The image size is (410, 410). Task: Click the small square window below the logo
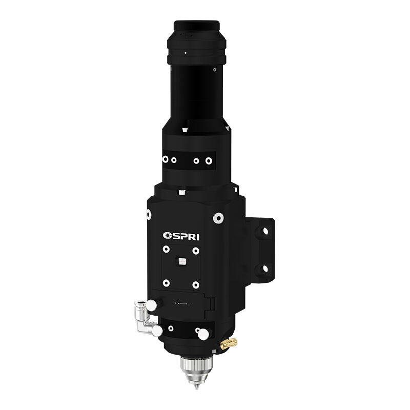[180, 261]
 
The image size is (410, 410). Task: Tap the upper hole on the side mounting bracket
[265, 232]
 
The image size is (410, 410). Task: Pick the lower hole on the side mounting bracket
[265, 267]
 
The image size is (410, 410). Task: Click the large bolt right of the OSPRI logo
[218, 218]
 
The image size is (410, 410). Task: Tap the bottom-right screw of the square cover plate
[195, 284]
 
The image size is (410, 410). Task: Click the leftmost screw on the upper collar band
[165, 160]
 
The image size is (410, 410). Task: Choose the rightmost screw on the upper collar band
[209, 160]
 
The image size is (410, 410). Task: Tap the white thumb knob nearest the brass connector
[203, 334]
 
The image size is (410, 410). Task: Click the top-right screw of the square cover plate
[195, 250]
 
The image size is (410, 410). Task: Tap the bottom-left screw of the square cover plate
[166, 283]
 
